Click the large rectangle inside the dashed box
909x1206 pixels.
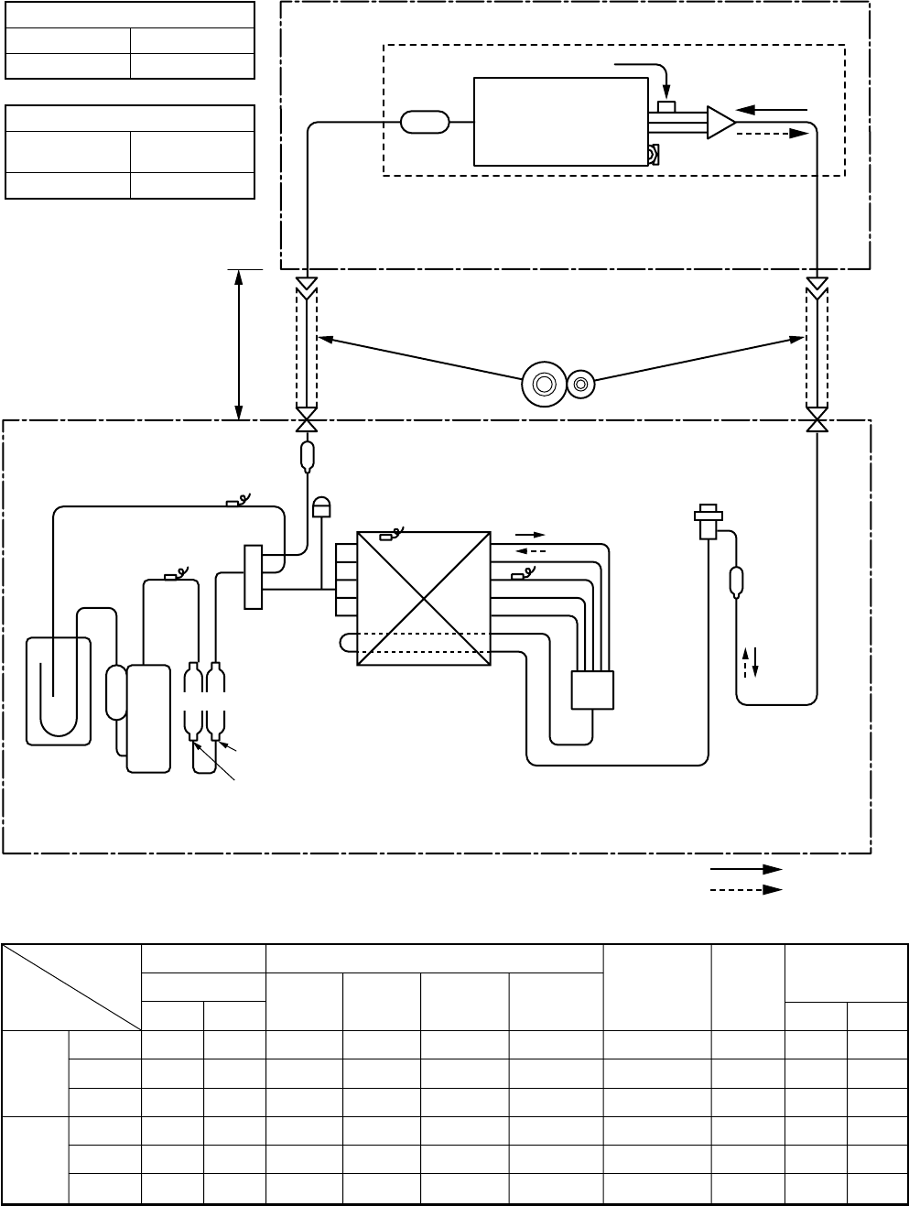[x=560, y=121]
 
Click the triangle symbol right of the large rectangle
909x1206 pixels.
[x=720, y=123]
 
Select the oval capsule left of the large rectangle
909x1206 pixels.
[x=425, y=122]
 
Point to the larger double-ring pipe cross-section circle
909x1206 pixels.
[x=542, y=385]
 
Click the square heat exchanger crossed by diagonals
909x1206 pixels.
[x=424, y=599]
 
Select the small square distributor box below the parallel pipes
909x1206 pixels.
[x=591, y=690]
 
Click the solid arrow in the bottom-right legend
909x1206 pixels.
[x=746, y=868]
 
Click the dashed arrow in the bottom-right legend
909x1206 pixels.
[x=746, y=888]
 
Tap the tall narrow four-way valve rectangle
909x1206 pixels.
[x=254, y=576]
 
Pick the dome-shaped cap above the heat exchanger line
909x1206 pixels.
[x=321, y=505]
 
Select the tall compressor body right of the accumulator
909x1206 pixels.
[x=148, y=718]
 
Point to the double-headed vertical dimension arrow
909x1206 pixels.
[x=239, y=344]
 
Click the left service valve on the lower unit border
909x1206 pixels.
[x=307, y=421]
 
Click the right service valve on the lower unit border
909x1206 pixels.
[x=817, y=421]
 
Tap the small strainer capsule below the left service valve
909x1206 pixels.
[x=307, y=455]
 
